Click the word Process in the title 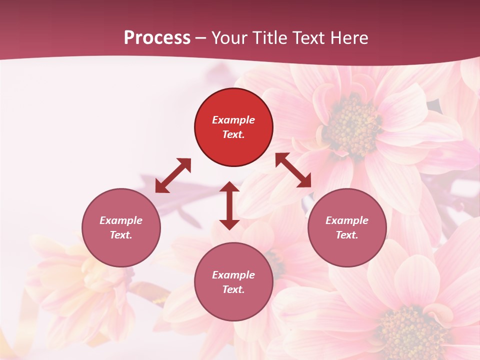[x=157, y=38]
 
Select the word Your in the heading [x=228, y=38]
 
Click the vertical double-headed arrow [x=229, y=205]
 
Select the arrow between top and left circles [x=173, y=175]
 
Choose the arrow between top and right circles [x=293, y=170]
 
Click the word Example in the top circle [x=233, y=120]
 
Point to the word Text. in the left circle [x=121, y=235]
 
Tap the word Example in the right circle [x=347, y=220]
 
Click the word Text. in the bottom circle [x=233, y=289]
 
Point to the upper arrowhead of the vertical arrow [x=229, y=187]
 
